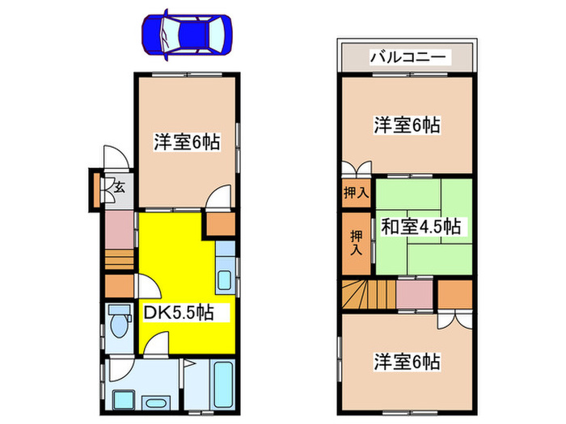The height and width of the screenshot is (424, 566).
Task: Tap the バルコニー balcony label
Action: click(405, 57)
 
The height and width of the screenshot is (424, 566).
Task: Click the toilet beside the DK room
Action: click(118, 324)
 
